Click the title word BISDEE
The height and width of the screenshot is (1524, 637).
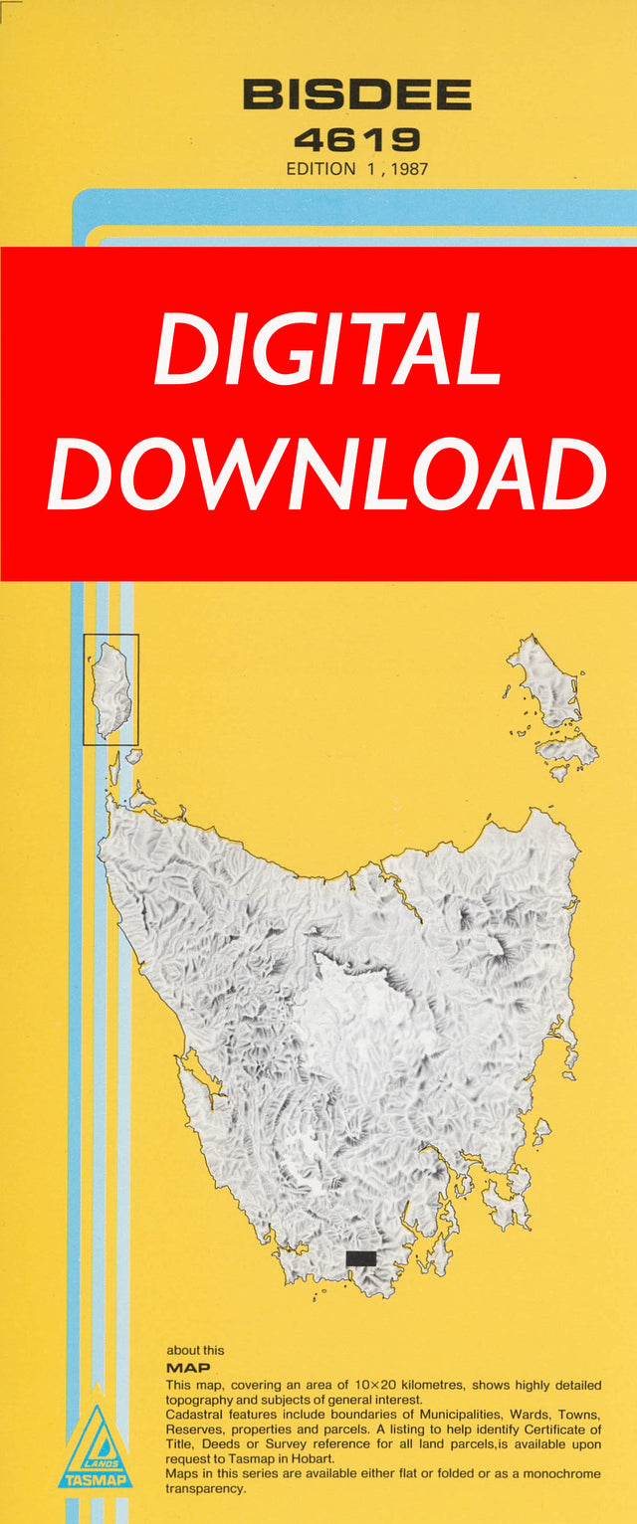356,95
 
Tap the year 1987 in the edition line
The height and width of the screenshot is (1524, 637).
409,169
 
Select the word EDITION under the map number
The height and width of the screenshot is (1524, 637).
320,169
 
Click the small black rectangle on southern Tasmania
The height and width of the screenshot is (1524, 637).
360,1258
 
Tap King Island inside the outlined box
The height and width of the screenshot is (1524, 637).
109,688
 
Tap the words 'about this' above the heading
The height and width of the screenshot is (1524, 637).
195,1350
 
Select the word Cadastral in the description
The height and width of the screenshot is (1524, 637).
198,1414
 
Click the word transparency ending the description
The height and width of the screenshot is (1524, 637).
207,1488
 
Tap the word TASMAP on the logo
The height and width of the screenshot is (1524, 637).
95,1481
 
